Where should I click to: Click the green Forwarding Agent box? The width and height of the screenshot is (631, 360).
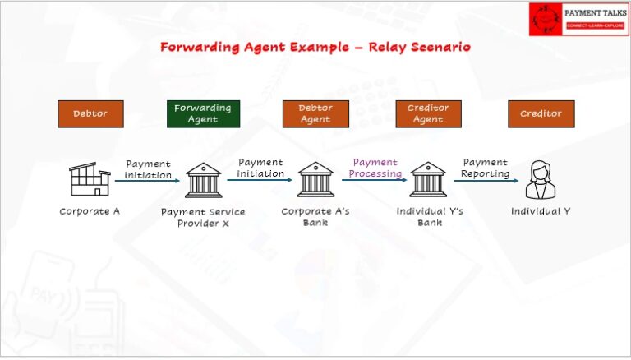point(203,113)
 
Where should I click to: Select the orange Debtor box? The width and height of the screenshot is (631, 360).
point(90,113)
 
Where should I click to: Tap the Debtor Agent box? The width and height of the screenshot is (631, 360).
point(315,113)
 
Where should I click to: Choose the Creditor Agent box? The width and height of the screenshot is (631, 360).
point(428,113)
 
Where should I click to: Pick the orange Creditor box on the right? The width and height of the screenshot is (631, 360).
point(541,113)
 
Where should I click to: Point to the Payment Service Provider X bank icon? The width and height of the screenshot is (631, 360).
point(203,179)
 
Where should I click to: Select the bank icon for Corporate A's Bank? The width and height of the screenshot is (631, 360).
point(315,179)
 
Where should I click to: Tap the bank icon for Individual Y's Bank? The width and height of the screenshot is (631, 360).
point(428,179)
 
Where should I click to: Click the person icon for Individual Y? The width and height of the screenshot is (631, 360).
point(541,179)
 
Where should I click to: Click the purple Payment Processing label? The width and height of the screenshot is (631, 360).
point(375,168)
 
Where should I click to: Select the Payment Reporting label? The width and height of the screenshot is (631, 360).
point(485,168)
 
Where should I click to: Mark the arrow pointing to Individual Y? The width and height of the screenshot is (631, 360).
point(486,181)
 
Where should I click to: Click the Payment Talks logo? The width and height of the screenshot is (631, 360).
point(578,18)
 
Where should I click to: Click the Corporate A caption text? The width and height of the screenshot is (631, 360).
point(90,211)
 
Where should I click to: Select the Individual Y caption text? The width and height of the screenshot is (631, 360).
point(541,211)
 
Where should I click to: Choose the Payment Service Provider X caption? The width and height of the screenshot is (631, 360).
point(203,218)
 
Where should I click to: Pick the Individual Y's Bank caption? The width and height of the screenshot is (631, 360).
point(430,217)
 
